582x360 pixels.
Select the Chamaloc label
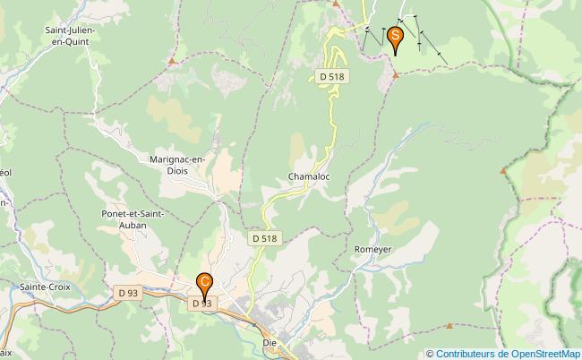click(x=309, y=176)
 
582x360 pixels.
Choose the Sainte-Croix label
click(x=44, y=287)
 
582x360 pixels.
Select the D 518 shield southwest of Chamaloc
click(x=265, y=239)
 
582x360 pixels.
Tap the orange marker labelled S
click(x=395, y=39)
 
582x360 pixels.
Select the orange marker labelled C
click(x=205, y=284)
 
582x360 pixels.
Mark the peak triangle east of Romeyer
click(x=503, y=170)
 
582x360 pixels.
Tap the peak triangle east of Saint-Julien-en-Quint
click(x=171, y=61)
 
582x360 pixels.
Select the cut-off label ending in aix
click(x=5, y=353)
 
